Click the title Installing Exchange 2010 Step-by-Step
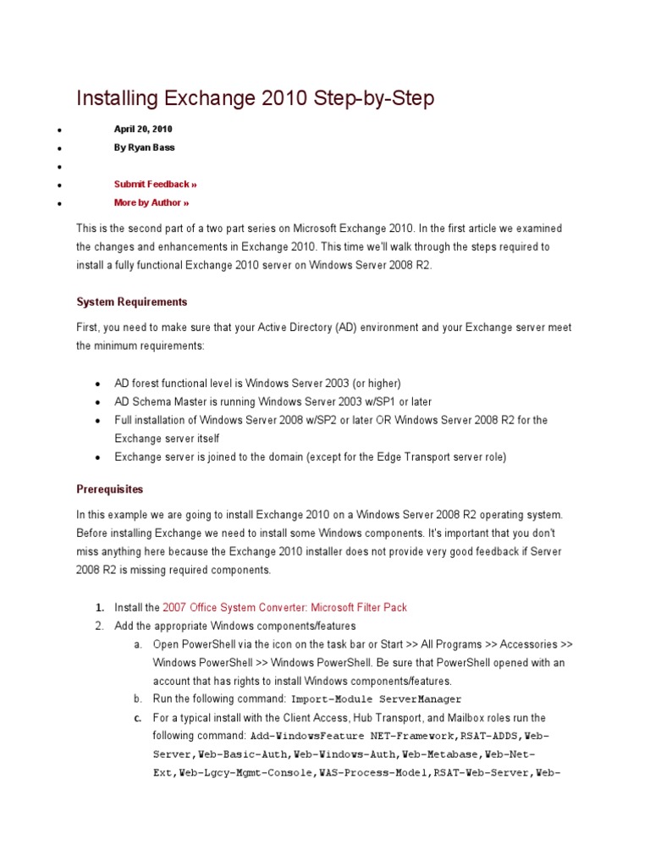tap(255, 99)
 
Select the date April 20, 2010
tap(144, 129)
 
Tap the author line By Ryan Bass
tap(145, 147)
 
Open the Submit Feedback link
tap(155, 184)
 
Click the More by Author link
tap(151, 202)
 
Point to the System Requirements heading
tap(132, 302)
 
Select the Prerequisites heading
tap(110, 489)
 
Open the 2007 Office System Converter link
tap(284, 607)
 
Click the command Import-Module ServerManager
tap(377, 699)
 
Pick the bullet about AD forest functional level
tap(257, 383)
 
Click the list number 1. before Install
tap(99, 607)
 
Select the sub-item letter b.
tap(137, 699)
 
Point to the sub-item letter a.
tap(137, 644)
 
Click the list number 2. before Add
tap(99, 626)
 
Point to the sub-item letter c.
tap(137, 718)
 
